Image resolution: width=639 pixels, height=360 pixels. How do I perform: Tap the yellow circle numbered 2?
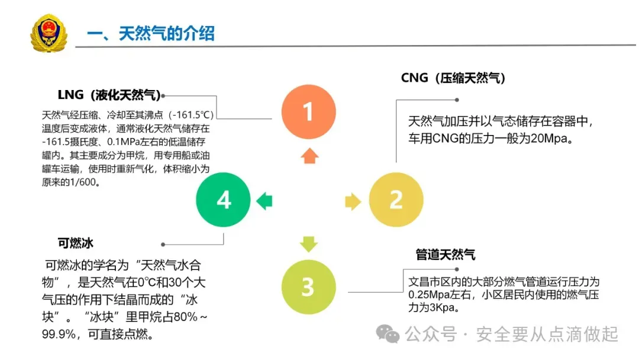396,200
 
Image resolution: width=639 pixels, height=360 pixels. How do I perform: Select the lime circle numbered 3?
308,287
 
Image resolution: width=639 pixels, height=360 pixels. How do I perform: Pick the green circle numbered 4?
224,200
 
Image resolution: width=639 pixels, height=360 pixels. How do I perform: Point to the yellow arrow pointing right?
353,201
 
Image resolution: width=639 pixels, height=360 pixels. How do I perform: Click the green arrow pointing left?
264,201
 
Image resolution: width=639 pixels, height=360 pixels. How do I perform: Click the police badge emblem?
49,34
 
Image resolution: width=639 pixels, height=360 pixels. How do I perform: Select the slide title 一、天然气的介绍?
151,33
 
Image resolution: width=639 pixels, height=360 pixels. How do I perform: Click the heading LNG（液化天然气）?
109,95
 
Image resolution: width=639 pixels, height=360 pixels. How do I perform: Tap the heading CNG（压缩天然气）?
453,78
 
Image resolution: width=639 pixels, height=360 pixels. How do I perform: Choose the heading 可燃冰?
76,243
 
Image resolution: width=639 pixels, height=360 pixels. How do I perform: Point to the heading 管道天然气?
446,255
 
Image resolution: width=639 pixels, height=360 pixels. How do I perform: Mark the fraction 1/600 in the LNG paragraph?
82,182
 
